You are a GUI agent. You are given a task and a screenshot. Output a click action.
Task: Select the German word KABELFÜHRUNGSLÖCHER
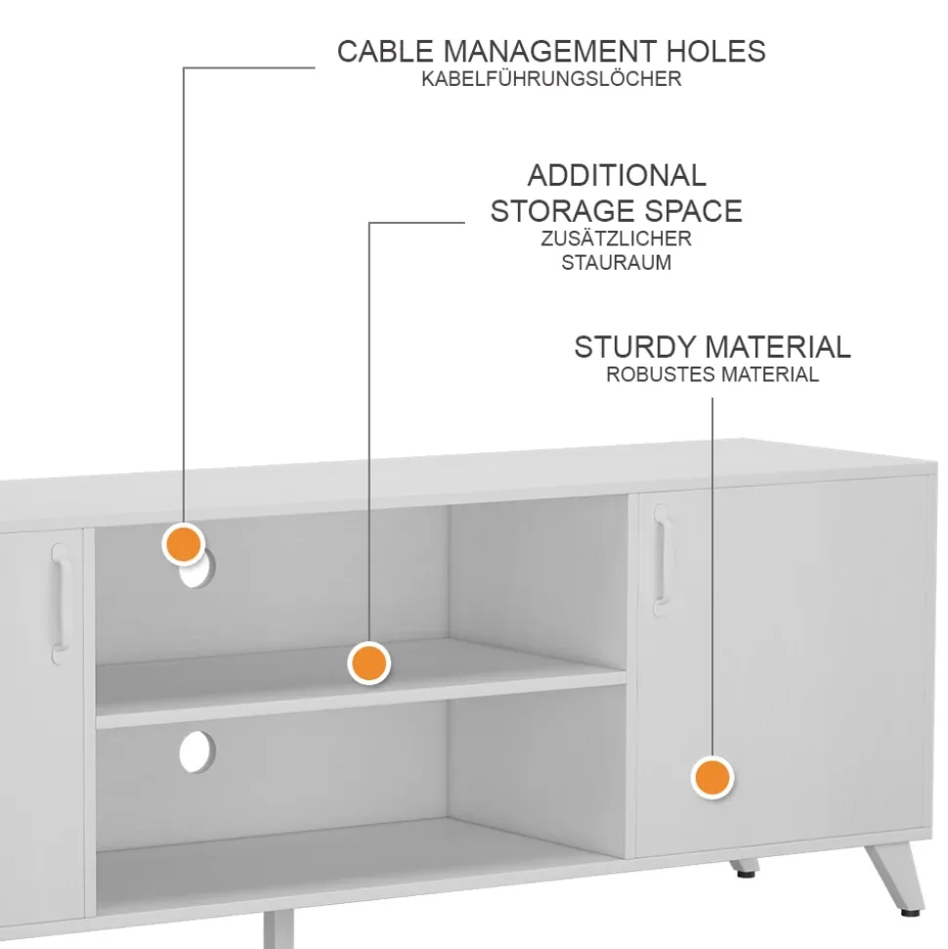point(551,80)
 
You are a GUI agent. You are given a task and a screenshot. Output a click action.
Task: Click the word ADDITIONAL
point(617,176)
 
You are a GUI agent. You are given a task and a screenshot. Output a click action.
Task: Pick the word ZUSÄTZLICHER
point(616,238)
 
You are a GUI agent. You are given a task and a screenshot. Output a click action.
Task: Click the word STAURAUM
point(616,263)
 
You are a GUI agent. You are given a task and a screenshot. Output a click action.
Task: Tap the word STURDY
point(635,347)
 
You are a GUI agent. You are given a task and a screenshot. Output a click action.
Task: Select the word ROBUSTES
point(660,374)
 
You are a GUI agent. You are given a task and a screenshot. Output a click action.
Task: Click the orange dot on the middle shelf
point(368,664)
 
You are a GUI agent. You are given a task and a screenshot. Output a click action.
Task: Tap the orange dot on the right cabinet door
point(712,778)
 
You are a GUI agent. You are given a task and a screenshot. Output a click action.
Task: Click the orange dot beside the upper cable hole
point(183,543)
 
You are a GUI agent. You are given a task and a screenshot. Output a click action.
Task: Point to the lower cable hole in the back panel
point(198,750)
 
